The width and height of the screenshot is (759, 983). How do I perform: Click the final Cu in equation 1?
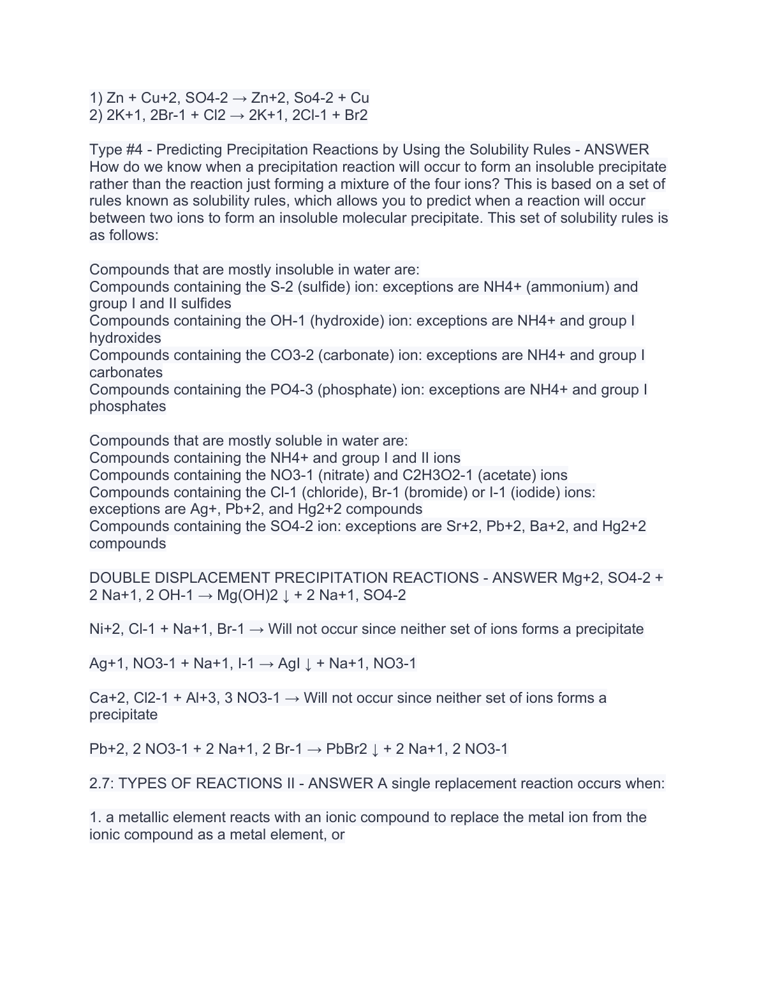pyautogui.click(x=360, y=98)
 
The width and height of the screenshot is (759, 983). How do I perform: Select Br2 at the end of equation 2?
pyautogui.click(x=356, y=116)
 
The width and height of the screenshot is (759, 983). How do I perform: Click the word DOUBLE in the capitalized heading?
pyautogui.click(x=118, y=578)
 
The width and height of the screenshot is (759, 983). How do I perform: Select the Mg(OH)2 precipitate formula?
pyautogui.click(x=247, y=596)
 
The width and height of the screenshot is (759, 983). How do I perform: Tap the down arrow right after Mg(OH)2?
pyautogui.click(x=286, y=596)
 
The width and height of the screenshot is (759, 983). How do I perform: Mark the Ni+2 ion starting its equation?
pyautogui.click(x=105, y=629)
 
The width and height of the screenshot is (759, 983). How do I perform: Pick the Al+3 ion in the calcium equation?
pyautogui.click(x=202, y=698)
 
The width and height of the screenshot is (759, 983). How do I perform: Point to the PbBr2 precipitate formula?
pyautogui.click(x=346, y=749)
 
